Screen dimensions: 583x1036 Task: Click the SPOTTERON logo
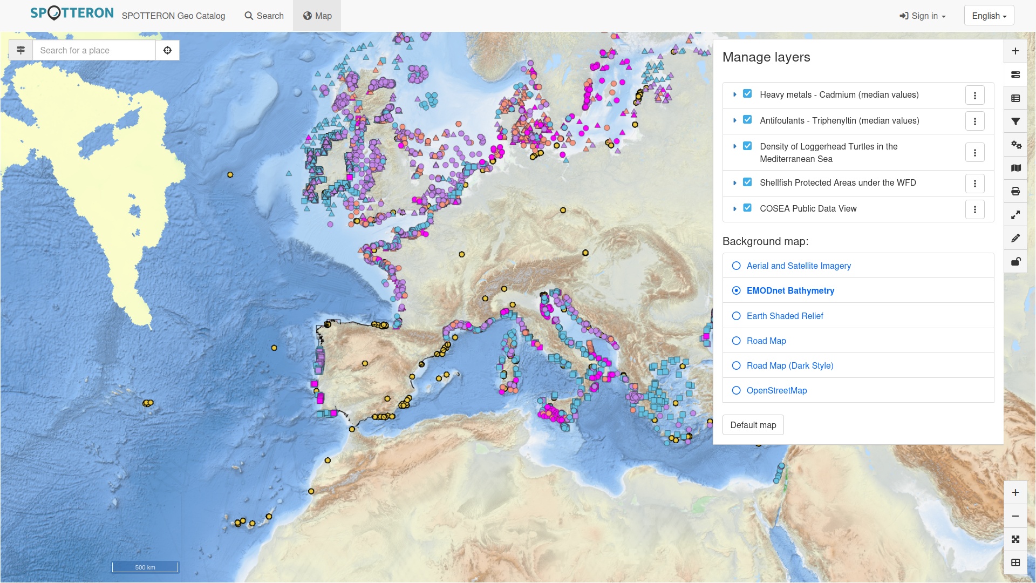[x=72, y=13]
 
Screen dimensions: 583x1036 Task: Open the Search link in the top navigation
[x=264, y=16]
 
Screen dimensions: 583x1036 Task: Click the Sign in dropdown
[x=922, y=16]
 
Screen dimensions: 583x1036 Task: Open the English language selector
[x=989, y=16]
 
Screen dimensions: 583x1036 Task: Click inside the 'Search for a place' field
[x=94, y=50]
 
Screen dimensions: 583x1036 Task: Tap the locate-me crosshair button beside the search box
[x=167, y=50]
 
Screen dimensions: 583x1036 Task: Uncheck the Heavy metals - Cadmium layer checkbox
[x=747, y=94]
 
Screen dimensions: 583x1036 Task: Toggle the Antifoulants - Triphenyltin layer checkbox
[x=747, y=120]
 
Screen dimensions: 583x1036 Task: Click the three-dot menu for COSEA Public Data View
[x=974, y=209]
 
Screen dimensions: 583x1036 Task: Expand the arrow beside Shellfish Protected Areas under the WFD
[x=734, y=183]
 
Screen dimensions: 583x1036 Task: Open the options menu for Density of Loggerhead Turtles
[x=974, y=153]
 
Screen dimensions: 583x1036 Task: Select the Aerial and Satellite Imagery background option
[x=737, y=266]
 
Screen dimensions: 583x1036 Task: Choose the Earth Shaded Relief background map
[x=737, y=316]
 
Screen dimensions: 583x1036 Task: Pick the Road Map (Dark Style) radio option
[x=737, y=365]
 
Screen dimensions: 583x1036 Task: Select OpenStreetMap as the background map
[x=737, y=390]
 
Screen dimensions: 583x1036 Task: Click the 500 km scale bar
[x=145, y=567]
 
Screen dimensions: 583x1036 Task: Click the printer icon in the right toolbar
[x=1015, y=191]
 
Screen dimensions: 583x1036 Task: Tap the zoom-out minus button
[x=1015, y=516]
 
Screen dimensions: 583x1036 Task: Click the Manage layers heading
[x=766, y=57]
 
